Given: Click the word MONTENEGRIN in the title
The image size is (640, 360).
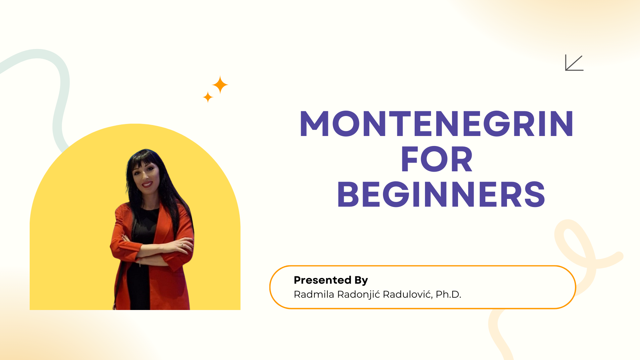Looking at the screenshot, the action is coord(437,124).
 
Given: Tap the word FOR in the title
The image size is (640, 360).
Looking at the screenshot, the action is coord(437,159).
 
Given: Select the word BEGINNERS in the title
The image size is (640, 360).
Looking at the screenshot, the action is coord(441,195).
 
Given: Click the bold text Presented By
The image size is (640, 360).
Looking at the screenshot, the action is coord(331,280).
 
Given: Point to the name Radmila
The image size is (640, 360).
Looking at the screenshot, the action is coord(314,294).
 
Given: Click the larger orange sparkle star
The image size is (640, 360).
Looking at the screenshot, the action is coord(220,85).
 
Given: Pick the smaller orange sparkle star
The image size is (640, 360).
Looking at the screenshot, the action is coord(208,97).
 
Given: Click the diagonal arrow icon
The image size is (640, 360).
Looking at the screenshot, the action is coord(574,63).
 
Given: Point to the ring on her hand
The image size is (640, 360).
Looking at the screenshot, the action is coord(181,245).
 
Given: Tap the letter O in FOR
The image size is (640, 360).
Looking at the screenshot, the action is coord(437,159).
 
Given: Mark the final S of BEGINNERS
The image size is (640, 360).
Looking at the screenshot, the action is coord(535,195).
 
